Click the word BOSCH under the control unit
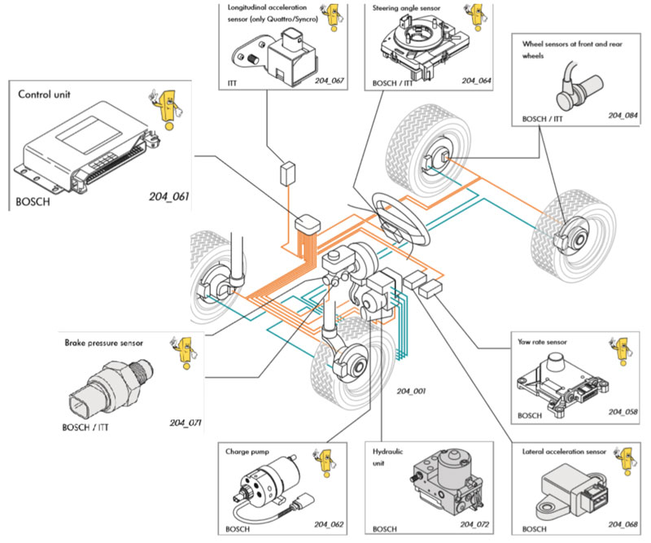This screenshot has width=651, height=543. (33, 199)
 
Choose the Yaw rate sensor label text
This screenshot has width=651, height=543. (542, 342)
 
